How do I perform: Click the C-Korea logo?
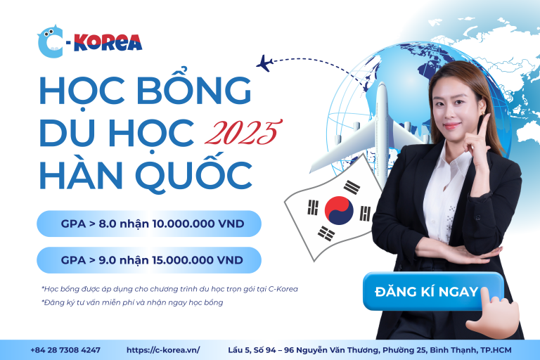(89, 41)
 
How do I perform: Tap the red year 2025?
(243, 132)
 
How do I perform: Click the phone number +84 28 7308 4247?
(65, 350)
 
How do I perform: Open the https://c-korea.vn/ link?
(163, 350)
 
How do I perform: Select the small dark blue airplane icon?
(264, 63)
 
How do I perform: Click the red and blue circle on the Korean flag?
(339, 210)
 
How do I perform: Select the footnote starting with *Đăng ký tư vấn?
(132, 302)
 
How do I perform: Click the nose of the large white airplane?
(382, 86)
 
